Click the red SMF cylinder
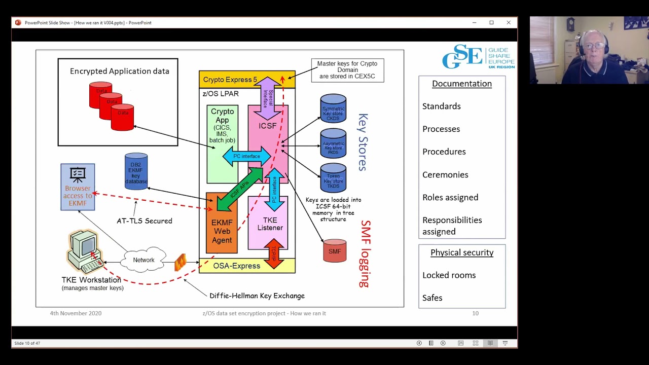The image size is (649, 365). click(x=335, y=251)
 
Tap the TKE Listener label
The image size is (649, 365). click(x=270, y=224)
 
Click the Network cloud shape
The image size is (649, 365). click(x=144, y=260)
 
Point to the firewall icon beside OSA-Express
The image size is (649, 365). click(x=181, y=262)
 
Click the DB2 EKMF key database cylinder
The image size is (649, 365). click(x=136, y=172)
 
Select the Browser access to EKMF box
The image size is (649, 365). click(x=78, y=187)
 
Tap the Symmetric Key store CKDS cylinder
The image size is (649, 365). click(x=333, y=108)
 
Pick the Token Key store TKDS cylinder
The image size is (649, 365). click(x=333, y=178)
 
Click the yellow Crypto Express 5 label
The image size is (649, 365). click(x=230, y=80)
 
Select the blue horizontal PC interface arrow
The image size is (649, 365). click(x=246, y=156)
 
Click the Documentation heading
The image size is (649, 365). click(x=461, y=84)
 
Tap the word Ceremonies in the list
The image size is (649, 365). click(x=445, y=174)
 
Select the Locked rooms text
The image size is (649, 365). click(x=449, y=275)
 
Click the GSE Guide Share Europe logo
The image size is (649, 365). click(x=478, y=57)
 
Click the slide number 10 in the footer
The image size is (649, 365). click(x=475, y=313)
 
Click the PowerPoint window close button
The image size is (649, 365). click(x=509, y=22)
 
